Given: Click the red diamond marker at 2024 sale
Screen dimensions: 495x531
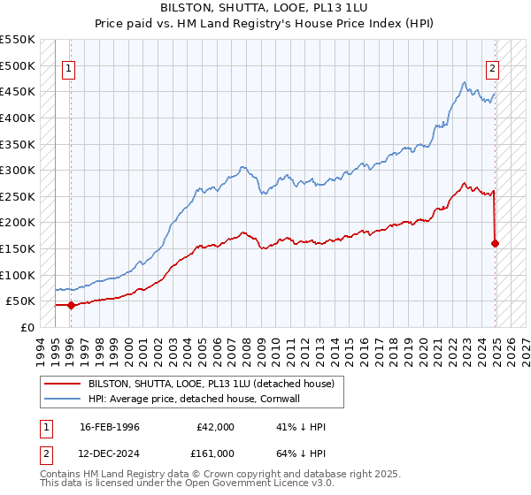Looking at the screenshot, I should pos(495,243).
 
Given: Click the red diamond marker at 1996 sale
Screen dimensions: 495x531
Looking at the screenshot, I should pos(71,305).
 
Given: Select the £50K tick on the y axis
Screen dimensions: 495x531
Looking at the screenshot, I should pos(20,301).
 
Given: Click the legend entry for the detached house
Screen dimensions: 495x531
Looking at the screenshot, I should pos(211,384).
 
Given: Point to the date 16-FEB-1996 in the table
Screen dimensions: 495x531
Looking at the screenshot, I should pos(110,427).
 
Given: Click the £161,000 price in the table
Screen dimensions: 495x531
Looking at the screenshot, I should pos(215,453).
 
